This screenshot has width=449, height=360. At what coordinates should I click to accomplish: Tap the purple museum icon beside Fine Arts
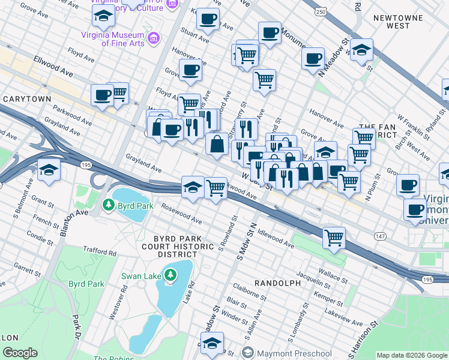pos(154,39)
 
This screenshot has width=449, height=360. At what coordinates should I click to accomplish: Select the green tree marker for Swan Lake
pos(171,275)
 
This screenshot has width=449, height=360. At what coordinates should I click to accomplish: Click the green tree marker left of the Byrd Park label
pos(108,205)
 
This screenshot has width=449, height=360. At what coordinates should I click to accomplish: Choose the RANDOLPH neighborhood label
pos(277,282)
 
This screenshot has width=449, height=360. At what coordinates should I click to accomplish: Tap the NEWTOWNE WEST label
pos(400,22)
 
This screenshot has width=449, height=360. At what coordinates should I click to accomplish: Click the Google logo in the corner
pos(19,353)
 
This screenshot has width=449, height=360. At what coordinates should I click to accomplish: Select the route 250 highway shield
pos(321,12)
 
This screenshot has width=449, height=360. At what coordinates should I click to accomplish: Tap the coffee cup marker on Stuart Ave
pos(208,19)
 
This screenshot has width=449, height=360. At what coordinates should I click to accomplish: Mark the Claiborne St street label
pos(251,293)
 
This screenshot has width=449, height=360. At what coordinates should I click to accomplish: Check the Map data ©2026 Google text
pos(411,355)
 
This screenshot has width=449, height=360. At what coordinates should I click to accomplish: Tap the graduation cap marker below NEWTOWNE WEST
pos(361,50)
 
